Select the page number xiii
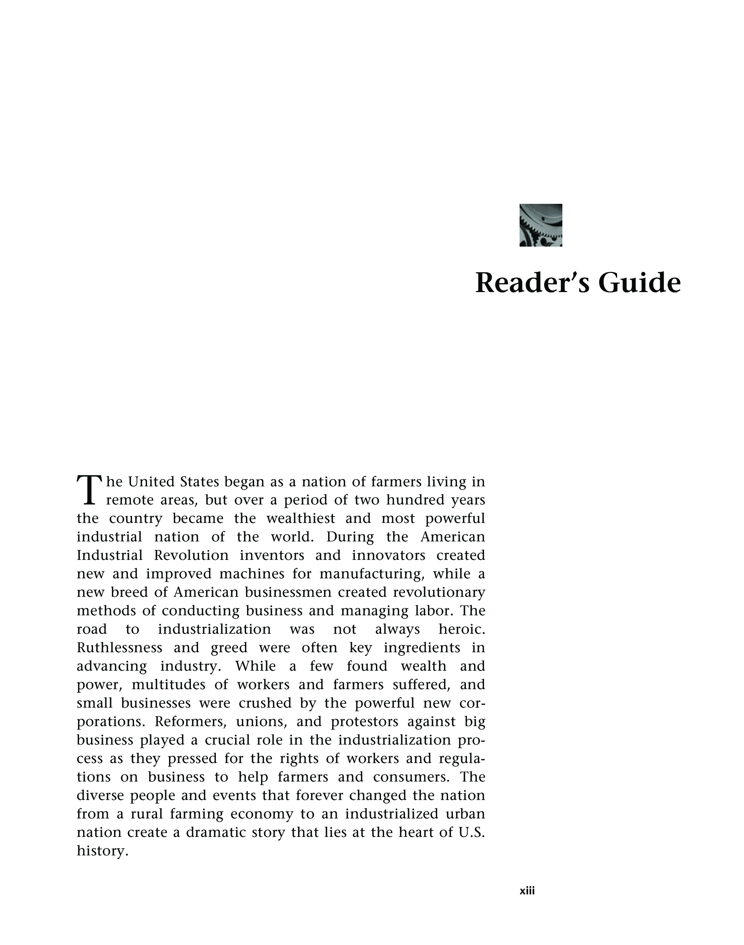click(527, 891)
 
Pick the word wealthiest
click(301, 519)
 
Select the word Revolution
click(191, 556)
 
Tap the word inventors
click(271, 556)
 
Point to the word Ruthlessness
click(119, 648)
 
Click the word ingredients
click(422, 648)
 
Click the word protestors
click(365, 722)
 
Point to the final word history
click(102, 851)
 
